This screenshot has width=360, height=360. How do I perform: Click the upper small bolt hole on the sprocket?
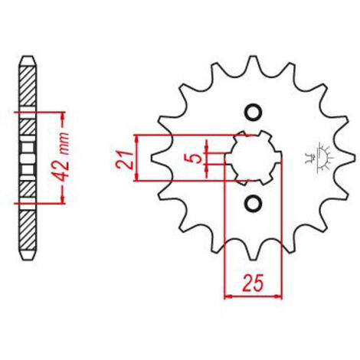point(253,113)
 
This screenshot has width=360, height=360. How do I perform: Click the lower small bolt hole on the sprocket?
point(253,203)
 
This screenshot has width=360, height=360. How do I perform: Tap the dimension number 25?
point(253,283)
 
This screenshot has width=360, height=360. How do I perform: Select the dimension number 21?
point(124,160)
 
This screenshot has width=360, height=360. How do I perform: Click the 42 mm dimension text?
point(61,157)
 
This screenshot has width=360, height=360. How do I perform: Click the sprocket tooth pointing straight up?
point(253,64)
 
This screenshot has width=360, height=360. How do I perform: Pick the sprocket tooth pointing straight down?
point(254,251)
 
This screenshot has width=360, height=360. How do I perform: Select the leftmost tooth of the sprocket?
point(159,158)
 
